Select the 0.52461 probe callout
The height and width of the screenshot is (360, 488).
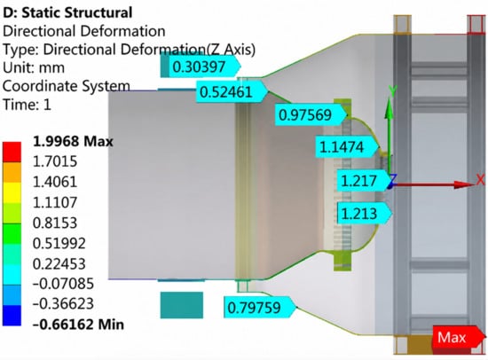[x=232, y=92]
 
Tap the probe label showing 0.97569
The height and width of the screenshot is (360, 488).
[x=311, y=114]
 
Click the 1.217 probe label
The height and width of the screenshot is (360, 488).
[x=364, y=181]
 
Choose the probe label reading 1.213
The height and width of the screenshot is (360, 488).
[x=365, y=214]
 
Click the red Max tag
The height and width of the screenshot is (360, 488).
[x=459, y=337]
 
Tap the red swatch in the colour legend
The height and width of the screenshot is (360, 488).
[x=12, y=152]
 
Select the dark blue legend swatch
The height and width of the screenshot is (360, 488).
[x=12, y=315]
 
